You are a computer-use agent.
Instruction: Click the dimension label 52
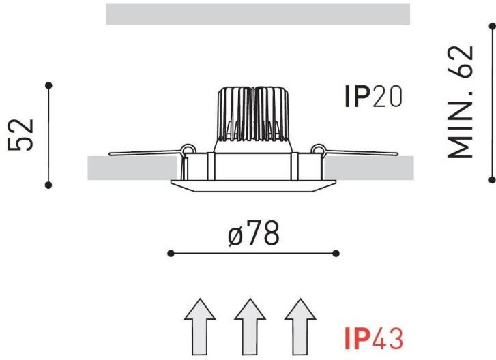[x=21, y=135]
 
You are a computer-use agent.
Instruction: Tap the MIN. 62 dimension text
[x=460, y=102]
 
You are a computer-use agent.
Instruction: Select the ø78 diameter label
[x=254, y=234]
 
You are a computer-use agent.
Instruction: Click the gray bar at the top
[x=257, y=14]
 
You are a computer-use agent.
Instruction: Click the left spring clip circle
[x=186, y=149]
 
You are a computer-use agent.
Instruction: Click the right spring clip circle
[x=317, y=149]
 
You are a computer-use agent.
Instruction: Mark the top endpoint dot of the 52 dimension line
[x=48, y=85]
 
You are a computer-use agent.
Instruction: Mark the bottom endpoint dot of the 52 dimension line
[x=48, y=184]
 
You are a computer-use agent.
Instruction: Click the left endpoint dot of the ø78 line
[x=171, y=254]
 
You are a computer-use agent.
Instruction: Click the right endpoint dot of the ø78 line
[x=336, y=254]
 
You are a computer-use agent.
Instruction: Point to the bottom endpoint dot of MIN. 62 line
[x=492, y=179]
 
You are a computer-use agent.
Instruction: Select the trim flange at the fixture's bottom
[x=252, y=185]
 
